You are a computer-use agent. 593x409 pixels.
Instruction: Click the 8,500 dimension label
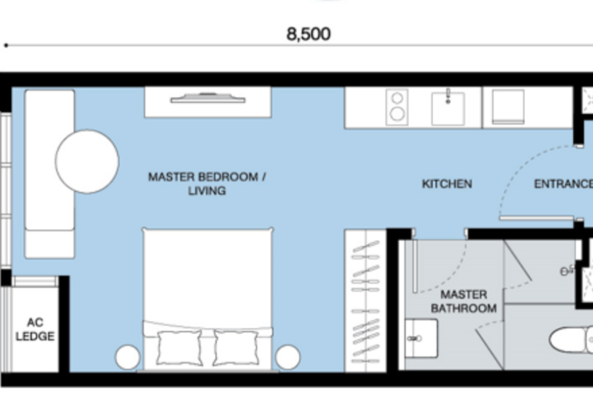(308, 34)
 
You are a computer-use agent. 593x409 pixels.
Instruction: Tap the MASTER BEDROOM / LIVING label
(207, 184)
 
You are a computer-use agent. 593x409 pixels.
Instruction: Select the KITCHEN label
(447, 184)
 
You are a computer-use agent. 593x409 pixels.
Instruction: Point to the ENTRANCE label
(563, 184)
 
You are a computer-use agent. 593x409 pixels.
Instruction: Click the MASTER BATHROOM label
(464, 302)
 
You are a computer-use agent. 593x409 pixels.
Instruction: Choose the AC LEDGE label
(35, 329)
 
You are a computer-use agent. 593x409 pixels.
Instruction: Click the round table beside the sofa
(87, 162)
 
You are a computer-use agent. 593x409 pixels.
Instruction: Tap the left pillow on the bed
(179, 348)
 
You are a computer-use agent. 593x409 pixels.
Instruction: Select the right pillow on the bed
(236, 348)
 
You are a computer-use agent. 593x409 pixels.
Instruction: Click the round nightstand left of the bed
(127, 357)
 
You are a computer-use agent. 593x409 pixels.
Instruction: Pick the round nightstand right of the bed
(288, 357)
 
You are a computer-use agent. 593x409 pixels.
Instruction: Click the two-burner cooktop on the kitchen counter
(397, 107)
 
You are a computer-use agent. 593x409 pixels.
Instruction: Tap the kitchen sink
(448, 108)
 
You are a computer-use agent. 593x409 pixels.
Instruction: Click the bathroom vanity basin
(421, 339)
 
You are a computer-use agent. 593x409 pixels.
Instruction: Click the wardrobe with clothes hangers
(365, 301)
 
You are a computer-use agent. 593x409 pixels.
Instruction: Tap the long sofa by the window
(50, 174)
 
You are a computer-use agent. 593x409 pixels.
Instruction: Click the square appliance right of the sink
(508, 107)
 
